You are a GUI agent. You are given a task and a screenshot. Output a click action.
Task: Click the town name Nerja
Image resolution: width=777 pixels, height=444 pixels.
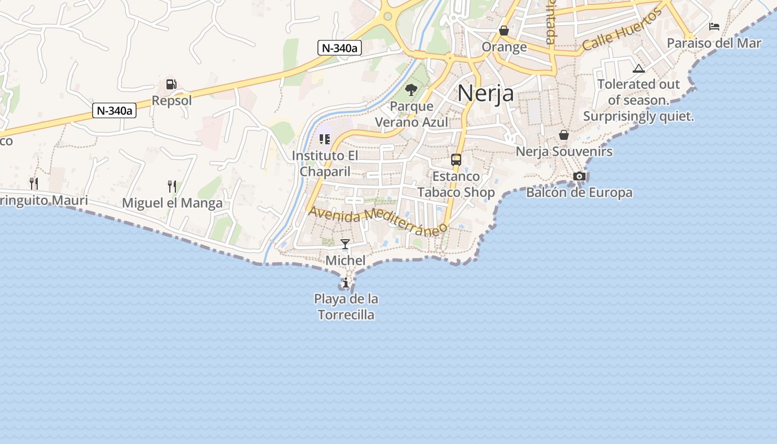486,93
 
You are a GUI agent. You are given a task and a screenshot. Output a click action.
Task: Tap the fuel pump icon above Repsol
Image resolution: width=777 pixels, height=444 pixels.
171,84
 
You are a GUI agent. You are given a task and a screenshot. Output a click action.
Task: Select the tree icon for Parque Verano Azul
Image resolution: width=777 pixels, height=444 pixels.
411,89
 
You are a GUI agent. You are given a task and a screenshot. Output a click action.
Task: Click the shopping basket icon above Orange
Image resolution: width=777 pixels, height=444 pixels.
504,30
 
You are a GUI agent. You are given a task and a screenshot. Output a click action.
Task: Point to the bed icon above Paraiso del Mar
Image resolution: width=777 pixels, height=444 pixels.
714,26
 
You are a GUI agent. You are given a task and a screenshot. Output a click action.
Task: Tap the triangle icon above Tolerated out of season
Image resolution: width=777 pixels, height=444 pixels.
638,69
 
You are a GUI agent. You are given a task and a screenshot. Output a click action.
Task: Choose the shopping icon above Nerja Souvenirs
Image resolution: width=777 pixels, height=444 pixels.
564,135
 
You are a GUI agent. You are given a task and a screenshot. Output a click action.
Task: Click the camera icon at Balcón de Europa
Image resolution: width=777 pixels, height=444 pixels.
579,176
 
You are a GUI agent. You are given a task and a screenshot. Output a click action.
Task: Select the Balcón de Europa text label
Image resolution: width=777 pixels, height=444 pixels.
579,193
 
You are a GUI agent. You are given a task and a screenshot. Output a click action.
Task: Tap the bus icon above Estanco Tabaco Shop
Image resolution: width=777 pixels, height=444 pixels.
456,160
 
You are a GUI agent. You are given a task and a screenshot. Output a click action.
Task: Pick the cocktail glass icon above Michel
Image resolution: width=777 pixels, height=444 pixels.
345,244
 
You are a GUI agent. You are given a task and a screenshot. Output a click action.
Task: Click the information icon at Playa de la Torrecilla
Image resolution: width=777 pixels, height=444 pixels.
346,283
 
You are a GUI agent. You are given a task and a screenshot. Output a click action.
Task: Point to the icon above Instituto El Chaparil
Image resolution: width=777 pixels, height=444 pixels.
325,139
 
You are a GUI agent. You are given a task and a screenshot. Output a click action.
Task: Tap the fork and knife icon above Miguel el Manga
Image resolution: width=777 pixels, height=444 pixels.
172,186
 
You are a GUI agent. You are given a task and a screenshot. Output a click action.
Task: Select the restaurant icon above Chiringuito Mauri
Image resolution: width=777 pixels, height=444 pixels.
34,183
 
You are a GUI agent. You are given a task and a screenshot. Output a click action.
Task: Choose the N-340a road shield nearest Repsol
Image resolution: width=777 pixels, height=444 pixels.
114,110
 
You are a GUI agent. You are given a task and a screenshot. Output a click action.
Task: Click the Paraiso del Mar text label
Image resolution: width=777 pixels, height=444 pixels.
714,43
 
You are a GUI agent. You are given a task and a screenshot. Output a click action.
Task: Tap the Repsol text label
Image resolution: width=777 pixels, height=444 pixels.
171,100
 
